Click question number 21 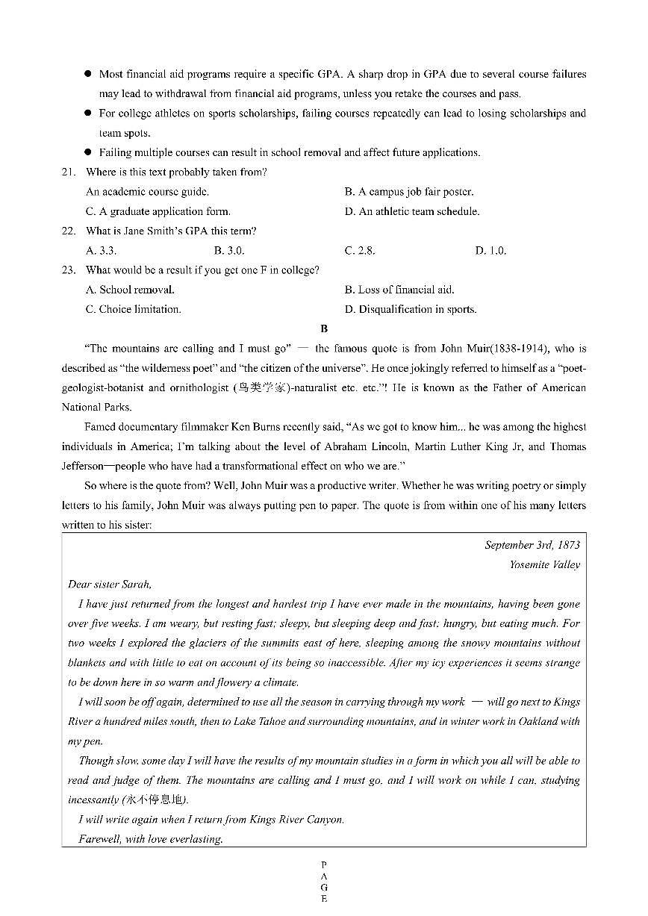coord(68,172)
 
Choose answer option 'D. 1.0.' coord(490,251)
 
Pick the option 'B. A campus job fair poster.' coord(408,192)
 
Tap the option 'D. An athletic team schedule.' coord(411,211)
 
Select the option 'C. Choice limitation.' coord(133,309)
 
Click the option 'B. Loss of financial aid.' coord(399,290)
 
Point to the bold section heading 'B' coord(323,328)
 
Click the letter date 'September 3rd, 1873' coord(532,545)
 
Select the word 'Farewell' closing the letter coord(99,839)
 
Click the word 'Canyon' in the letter coord(326,819)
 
